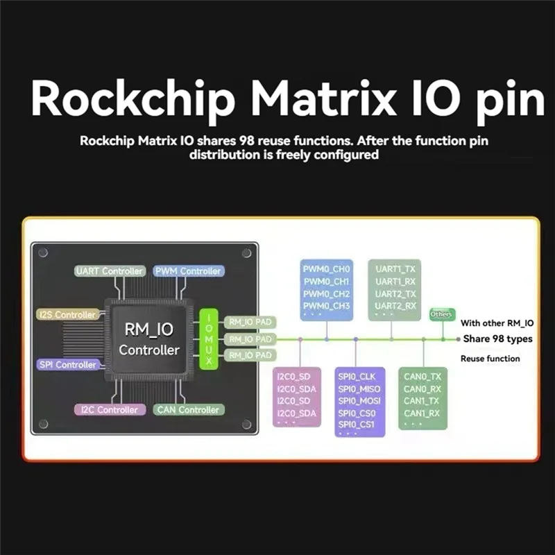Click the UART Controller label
point(110,271)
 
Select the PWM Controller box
point(188,271)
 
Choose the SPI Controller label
point(67,364)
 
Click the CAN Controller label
point(189,409)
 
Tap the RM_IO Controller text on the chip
point(148,339)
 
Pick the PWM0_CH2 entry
point(327,293)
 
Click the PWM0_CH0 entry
point(327,268)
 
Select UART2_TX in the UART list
point(395,293)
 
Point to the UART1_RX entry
point(395,281)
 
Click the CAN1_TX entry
point(422,401)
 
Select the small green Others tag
point(441,314)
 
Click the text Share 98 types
point(497,339)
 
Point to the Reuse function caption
point(490,359)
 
